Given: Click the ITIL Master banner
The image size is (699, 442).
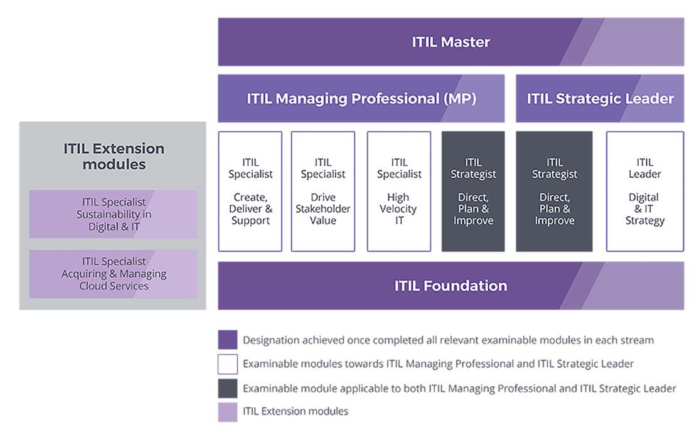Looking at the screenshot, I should [451, 42].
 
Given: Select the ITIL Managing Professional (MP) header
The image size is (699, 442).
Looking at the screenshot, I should [361, 99].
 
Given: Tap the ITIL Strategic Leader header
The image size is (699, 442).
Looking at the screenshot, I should [600, 99].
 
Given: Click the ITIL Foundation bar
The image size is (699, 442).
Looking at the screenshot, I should [451, 286].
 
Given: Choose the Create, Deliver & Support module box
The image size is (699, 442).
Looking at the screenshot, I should [250, 191].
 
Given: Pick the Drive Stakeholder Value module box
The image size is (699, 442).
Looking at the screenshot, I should [323, 191].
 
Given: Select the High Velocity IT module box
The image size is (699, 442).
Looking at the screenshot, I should [399, 191].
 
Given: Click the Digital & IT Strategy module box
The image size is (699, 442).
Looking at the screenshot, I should [644, 191].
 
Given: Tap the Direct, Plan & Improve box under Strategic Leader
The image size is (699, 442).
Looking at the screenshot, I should [554, 191].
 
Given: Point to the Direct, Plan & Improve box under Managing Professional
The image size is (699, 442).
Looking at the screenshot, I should [473, 191].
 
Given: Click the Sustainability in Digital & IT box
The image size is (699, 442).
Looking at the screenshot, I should [114, 214].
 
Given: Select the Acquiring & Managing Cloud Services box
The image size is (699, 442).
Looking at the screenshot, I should [114, 274].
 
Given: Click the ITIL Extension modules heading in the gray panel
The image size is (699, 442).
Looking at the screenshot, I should [114, 156].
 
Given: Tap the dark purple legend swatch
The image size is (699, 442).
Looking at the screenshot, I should [228, 340].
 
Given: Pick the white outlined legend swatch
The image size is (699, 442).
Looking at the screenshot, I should [228, 364].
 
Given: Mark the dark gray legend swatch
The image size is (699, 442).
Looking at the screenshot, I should [228, 388].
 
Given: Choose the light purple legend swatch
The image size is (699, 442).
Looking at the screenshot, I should [228, 412].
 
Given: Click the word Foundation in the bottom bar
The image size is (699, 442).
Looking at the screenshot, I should [466, 286].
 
